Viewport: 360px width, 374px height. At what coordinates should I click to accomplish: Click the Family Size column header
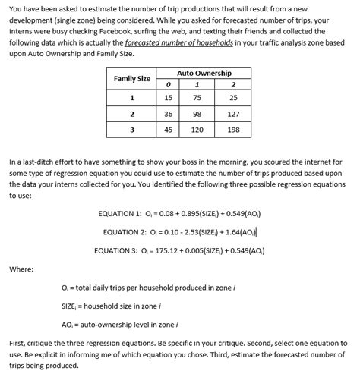click(x=131, y=79)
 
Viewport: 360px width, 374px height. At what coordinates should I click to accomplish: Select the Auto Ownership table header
click(x=204, y=73)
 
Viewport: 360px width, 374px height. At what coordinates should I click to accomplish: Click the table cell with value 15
click(x=168, y=97)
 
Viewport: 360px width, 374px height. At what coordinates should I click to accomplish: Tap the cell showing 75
click(x=197, y=97)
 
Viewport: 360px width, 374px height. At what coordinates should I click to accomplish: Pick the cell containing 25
click(x=233, y=97)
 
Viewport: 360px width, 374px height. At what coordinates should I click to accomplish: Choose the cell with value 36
click(x=168, y=114)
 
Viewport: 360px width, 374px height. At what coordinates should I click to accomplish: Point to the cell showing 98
click(x=197, y=114)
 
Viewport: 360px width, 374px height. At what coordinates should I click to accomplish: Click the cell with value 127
click(x=233, y=114)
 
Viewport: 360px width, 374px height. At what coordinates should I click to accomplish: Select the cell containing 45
click(x=168, y=130)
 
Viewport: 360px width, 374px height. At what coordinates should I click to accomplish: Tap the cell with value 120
click(x=197, y=130)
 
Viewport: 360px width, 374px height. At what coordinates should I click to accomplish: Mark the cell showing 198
click(x=233, y=130)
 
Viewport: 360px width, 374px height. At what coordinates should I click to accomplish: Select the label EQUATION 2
click(x=124, y=231)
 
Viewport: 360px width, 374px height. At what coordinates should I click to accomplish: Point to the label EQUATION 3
click(x=115, y=250)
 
